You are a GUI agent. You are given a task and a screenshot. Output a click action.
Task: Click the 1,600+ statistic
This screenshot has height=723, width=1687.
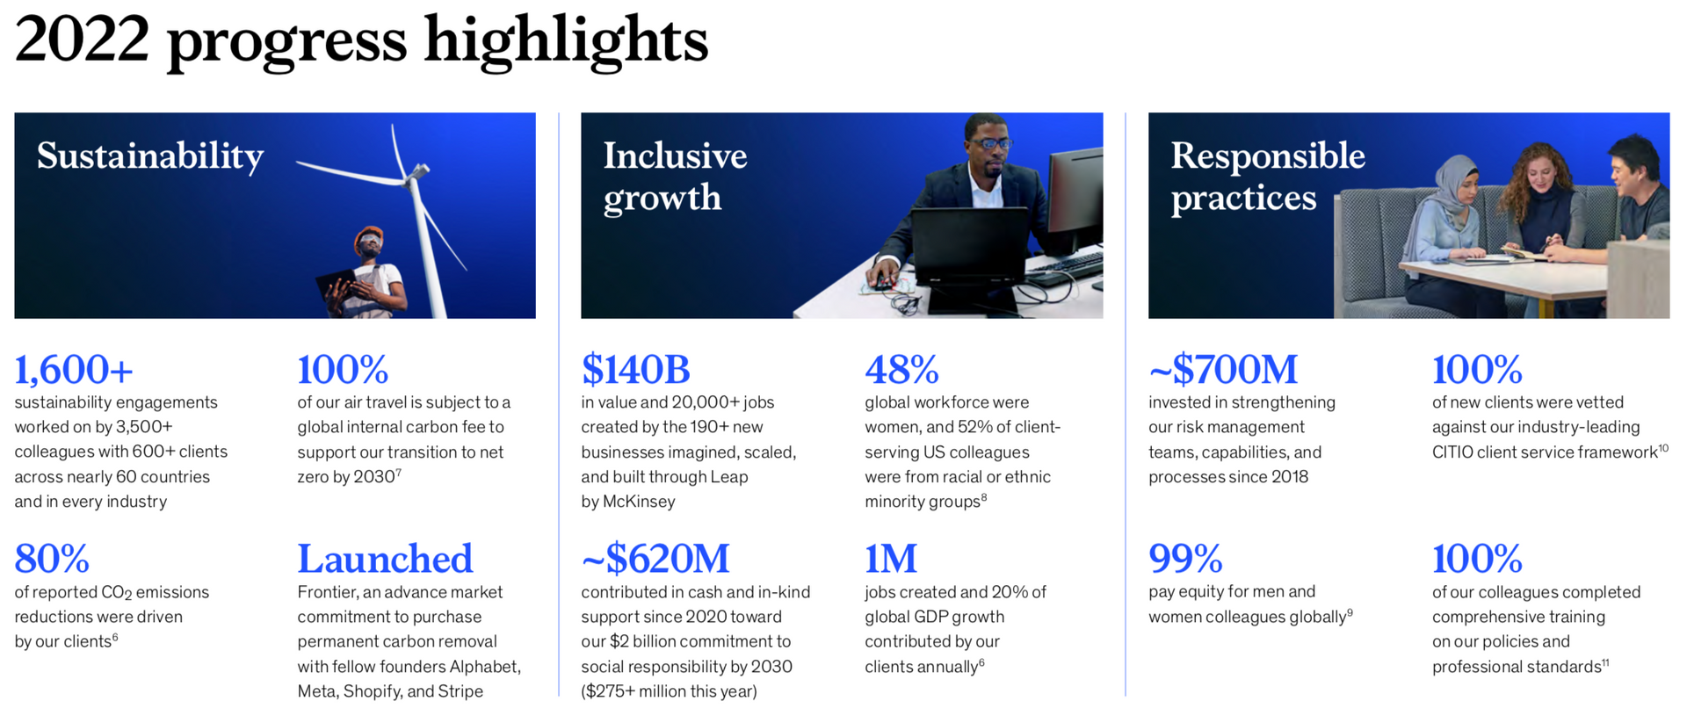74,370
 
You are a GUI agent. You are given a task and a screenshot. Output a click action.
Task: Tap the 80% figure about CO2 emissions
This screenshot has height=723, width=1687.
52,559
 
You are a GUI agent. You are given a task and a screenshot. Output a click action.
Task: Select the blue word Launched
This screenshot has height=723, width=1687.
385,559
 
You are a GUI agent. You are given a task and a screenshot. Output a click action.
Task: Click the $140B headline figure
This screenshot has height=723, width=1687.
635,370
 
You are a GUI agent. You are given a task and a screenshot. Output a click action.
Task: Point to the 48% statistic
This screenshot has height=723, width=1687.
901,370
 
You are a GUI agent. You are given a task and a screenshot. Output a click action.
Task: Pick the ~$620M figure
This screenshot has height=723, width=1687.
655,559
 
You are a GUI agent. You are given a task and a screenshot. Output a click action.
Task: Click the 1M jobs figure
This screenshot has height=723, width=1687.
890,559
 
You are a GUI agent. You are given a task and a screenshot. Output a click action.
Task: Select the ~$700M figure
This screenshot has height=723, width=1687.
1222,370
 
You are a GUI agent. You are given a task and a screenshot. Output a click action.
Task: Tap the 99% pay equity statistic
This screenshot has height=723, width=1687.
1185,559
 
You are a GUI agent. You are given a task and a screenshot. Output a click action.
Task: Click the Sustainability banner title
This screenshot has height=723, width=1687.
150,156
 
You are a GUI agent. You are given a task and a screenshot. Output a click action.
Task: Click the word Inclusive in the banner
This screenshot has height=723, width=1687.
675,156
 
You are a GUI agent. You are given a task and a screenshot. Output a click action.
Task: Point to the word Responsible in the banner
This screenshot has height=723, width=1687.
1267,156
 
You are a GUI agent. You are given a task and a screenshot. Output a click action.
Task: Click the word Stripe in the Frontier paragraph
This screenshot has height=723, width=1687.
460,691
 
